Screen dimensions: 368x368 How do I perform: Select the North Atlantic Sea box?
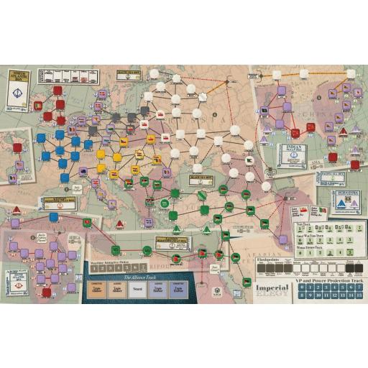tap(21, 88)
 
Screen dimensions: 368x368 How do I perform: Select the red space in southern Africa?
tap(47, 293)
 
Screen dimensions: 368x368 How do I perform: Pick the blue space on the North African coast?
tap(54, 216)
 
